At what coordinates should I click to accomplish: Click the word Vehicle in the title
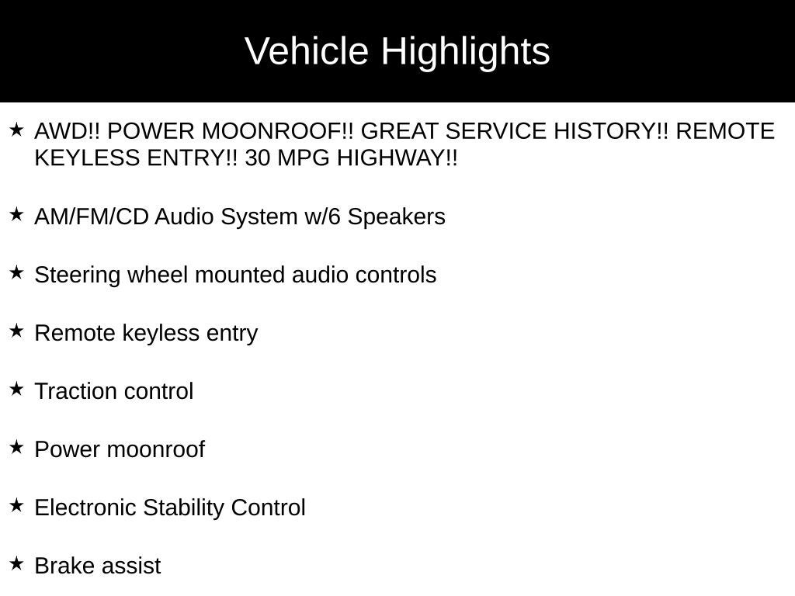click(x=306, y=50)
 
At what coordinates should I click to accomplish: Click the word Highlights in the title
click(x=466, y=52)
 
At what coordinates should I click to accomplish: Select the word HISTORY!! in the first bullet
click(x=611, y=131)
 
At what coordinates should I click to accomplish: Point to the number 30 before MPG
click(x=257, y=158)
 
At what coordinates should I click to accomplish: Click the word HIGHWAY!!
click(x=397, y=158)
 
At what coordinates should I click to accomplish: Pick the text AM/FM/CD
click(x=92, y=217)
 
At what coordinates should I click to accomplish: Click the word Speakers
click(x=397, y=217)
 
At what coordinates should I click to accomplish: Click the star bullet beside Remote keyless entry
click(x=17, y=331)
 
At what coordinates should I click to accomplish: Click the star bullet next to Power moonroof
click(x=17, y=448)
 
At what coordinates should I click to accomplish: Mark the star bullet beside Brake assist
click(x=17, y=563)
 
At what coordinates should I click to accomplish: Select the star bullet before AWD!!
click(x=17, y=130)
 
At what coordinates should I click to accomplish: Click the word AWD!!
click(x=68, y=131)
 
